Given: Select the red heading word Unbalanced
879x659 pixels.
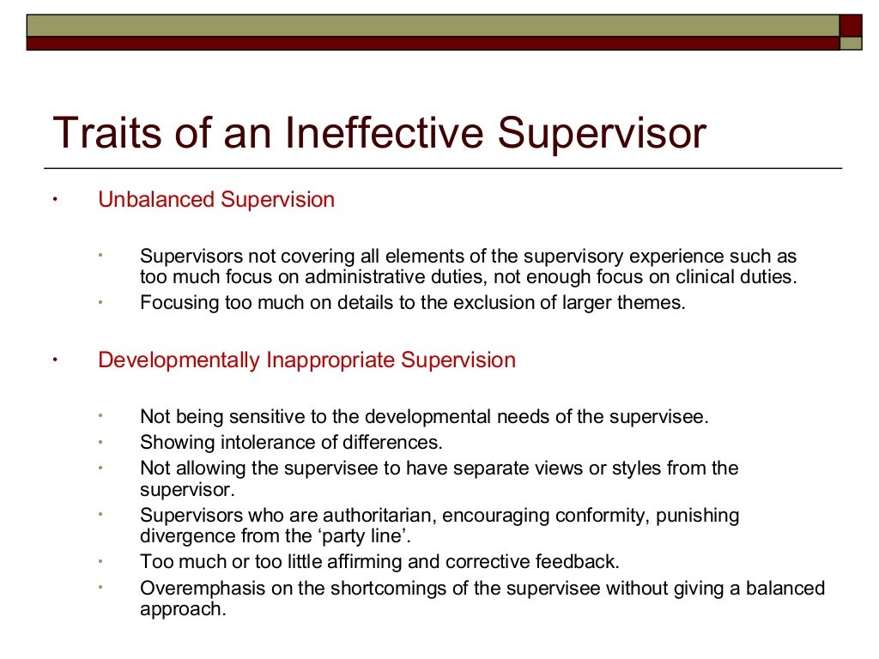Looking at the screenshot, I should coord(156,200).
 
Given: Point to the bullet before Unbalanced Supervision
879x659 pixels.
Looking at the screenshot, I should coord(54,201).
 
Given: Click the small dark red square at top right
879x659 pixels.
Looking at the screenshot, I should coord(850,25).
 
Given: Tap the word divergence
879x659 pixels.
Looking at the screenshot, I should coord(178,536).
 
